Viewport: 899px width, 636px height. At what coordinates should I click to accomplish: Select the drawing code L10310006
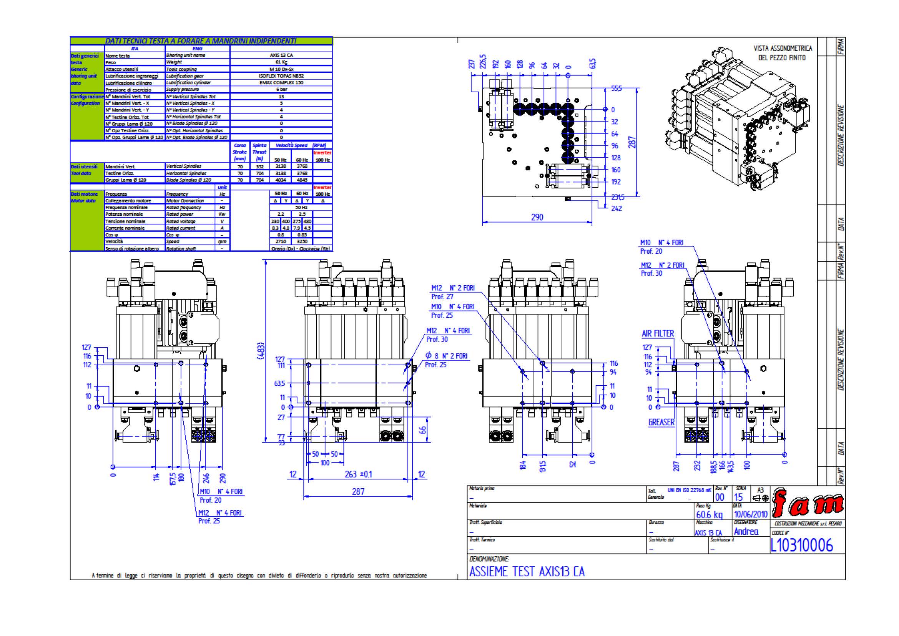tap(801, 545)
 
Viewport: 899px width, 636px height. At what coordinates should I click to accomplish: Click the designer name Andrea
tap(746, 531)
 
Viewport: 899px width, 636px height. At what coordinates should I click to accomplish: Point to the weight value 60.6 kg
tap(709, 514)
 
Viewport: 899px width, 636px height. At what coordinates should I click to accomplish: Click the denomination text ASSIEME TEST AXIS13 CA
tap(527, 571)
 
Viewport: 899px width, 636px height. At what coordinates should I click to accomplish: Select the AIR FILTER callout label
tap(658, 334)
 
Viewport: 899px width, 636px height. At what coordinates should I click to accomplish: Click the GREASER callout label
tap(661, 422)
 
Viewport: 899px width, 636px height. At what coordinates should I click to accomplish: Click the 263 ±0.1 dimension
tap(358, 474)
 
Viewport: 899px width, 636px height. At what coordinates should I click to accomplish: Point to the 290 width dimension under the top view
tap(537, 217)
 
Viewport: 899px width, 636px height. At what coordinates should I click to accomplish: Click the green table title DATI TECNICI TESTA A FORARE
tap(201, 41)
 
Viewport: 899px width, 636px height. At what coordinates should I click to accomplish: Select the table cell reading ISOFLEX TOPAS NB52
tap(281, 76)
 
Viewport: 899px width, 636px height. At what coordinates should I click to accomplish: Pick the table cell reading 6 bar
tap(281, 89)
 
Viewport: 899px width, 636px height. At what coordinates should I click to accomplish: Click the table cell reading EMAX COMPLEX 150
tap(281, 83)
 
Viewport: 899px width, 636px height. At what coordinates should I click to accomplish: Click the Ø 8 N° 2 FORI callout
tap(447, 356)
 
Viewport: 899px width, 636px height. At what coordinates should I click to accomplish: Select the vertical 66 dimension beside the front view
tap(422, 430)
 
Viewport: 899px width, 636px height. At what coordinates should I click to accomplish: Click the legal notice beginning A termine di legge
tap(259, 575)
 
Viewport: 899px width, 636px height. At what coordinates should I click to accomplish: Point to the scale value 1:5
tap(738, 497)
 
